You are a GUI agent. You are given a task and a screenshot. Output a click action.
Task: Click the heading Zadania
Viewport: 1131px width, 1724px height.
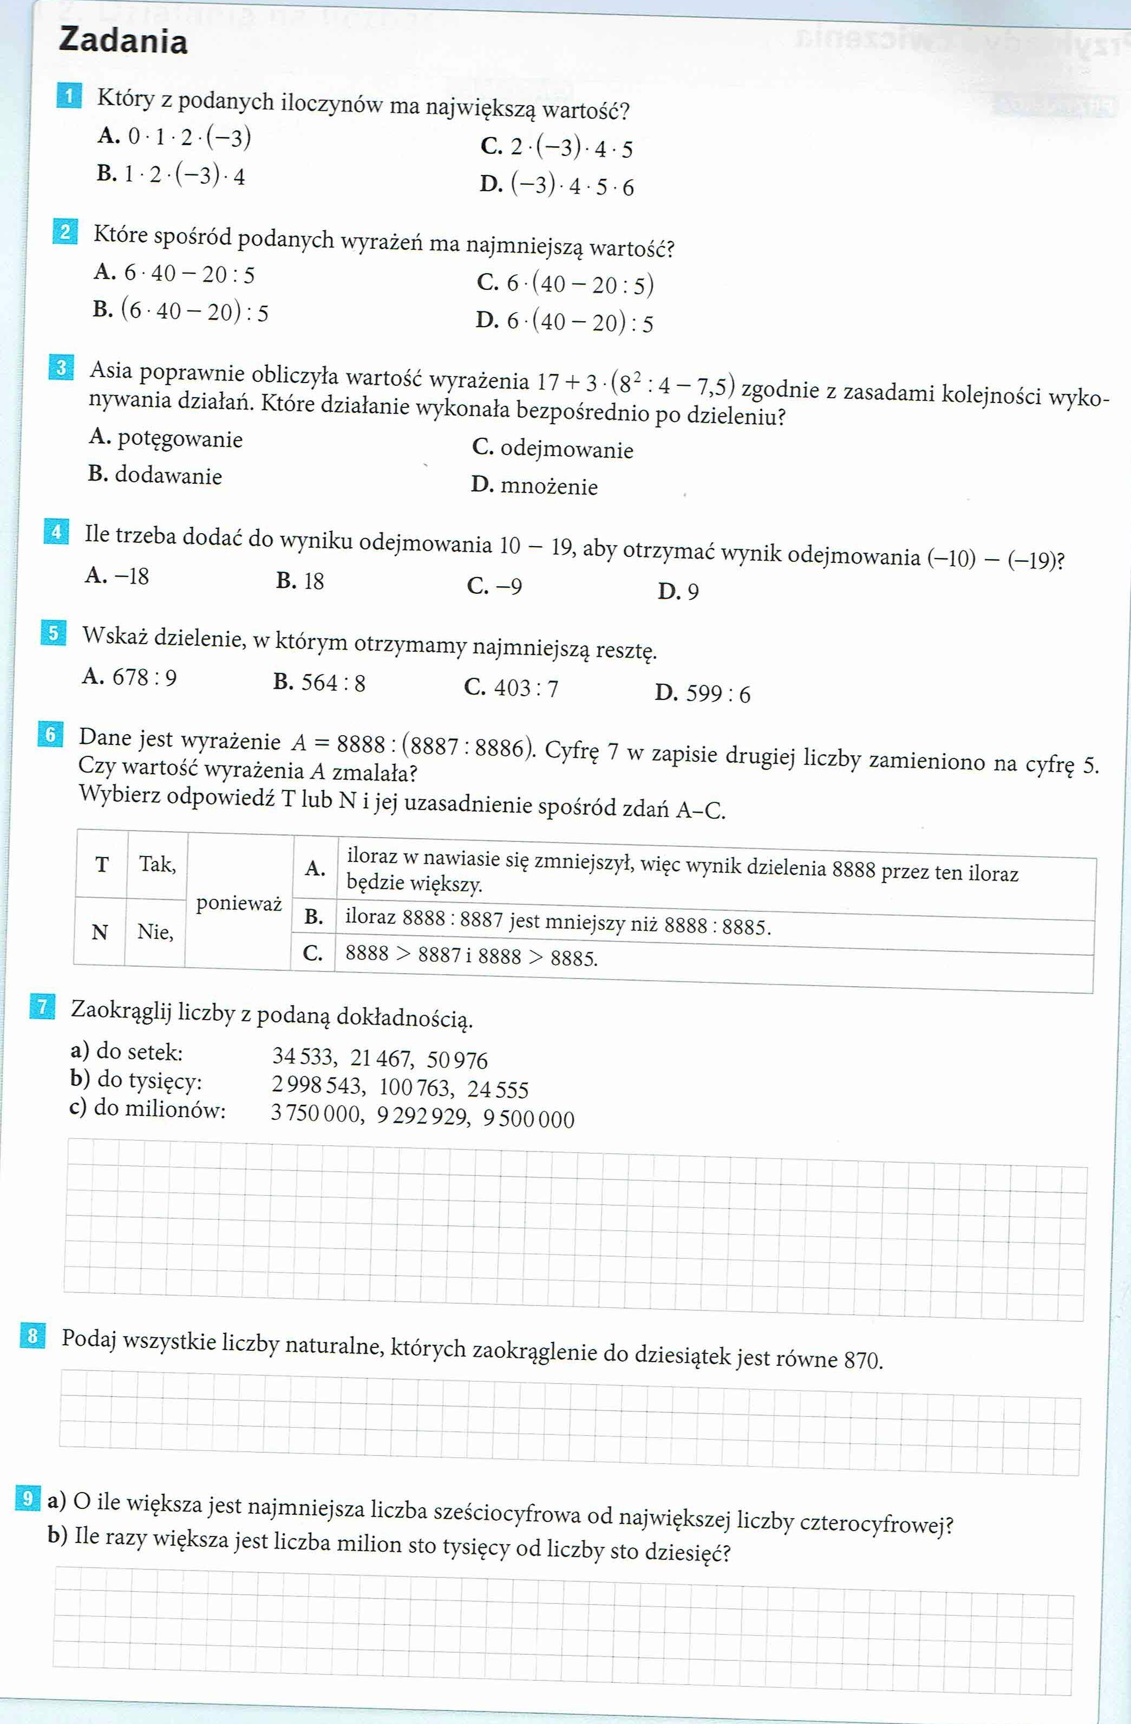(x=123, y=41)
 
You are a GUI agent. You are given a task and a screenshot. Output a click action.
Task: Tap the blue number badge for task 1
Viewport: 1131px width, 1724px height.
(x=69, y=97)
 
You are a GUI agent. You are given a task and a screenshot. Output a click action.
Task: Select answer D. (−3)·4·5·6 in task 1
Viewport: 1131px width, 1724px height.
(x=556, y=185)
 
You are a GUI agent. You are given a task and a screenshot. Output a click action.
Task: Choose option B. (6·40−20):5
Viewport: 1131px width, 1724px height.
(x=180, y=311)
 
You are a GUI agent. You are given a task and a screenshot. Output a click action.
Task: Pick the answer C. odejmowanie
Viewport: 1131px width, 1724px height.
(x=552, y=449)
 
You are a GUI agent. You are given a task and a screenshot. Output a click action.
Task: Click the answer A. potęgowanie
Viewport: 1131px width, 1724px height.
(x=166, y=438)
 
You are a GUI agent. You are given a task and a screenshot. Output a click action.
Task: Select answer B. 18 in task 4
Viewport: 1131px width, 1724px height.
(x=300, y=581)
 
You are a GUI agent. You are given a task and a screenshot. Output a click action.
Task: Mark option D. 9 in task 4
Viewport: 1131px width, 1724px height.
(x=678, y=591)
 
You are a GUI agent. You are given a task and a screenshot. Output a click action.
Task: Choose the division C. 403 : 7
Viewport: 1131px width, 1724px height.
(x=511, y=688)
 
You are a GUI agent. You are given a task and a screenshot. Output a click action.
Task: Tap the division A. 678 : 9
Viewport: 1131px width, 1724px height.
(x=129, y=677)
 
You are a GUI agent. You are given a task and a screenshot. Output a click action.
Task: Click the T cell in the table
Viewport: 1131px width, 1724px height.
(x=101, y=865)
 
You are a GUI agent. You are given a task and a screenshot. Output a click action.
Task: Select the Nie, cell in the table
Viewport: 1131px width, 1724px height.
(x=155, y=931)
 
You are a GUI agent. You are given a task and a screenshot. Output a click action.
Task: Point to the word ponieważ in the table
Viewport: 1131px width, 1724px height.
(x=239, y=903)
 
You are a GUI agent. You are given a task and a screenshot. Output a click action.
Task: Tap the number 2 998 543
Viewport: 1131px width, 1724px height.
(x=316, y=1085)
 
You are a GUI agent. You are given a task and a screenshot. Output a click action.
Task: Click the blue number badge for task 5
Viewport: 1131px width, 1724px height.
(x=53, y=633)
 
